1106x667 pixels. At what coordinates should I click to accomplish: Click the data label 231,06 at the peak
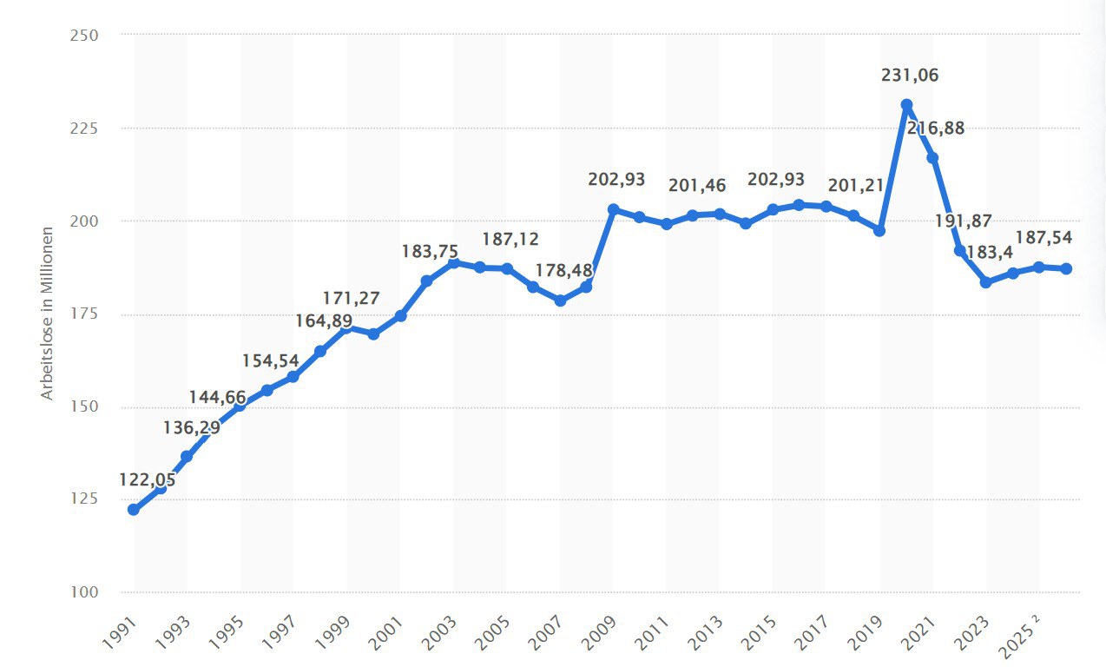[x=910, y=76]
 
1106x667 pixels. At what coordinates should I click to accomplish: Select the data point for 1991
[x=134, y=510]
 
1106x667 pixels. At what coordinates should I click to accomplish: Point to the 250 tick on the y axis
[x=84, y=35]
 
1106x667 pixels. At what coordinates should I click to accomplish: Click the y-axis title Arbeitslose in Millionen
[x=48, y=313]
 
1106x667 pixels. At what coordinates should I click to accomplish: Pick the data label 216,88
[x=935, y=129]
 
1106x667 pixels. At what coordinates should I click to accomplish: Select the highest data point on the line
[x=906, y=105]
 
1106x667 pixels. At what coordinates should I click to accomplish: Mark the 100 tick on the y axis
[x=84, y=592]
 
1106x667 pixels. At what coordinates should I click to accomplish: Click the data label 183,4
[x=990, y=253]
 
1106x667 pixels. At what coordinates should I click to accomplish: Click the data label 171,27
[x=351, y=299]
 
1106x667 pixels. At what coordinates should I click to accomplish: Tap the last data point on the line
[x=1065, y=268]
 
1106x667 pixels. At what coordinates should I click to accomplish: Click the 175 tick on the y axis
[x=84, y=314]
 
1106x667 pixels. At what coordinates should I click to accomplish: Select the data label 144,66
[x=218, y=398]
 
